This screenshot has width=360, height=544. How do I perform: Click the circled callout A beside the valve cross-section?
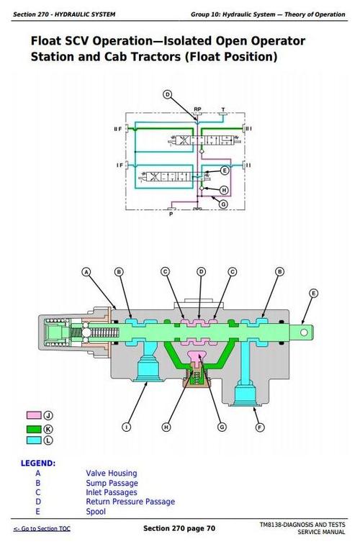[x=86, y=272]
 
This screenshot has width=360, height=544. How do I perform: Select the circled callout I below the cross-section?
[x=126, y=427]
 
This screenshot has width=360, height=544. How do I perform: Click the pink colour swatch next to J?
[x=33, y=416]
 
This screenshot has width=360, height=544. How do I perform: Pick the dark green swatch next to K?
[x=33, y=427]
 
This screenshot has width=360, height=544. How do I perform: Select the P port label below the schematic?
[x=170, y=214]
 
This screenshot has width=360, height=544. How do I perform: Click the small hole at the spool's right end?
[x=305, y=332]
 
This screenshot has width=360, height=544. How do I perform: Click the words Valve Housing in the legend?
[x=111, y=473]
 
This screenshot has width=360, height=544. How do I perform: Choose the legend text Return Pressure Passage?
[x=130, y=502]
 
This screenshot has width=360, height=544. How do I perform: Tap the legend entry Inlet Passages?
[x=112, y=492]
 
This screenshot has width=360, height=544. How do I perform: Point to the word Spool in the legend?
[x=96, y=512]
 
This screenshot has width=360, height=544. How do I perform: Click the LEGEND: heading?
[x=38, y=463]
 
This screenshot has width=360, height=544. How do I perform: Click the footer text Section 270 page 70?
[x=179, y=529]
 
